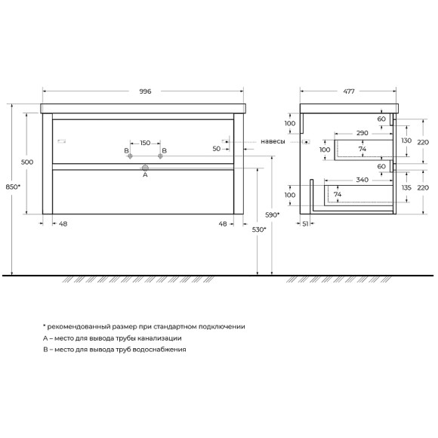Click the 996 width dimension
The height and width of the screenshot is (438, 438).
click(145, 91)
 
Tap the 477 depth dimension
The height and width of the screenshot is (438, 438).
click(349, 91)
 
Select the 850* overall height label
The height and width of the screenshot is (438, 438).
click(13, 187)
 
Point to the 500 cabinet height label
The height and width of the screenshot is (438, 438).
click(27, 162)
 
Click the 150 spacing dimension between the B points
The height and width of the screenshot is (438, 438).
click(145, 143)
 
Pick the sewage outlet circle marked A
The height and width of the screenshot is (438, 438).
click(145, 168)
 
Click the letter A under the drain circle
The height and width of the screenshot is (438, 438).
click(145, 175)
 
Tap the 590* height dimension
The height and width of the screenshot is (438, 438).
click(273, 214)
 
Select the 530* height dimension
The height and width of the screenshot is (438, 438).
click(259, 230)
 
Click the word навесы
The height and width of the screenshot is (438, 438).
click(273, 142)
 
